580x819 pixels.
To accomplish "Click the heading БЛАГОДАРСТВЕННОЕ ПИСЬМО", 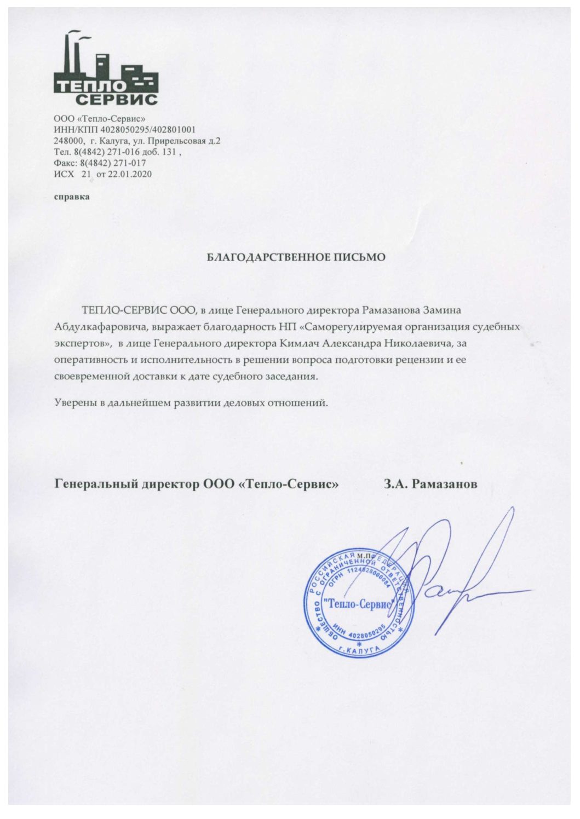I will (x=296, y=257).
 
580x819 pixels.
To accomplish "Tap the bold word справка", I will (x=72, y=197).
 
